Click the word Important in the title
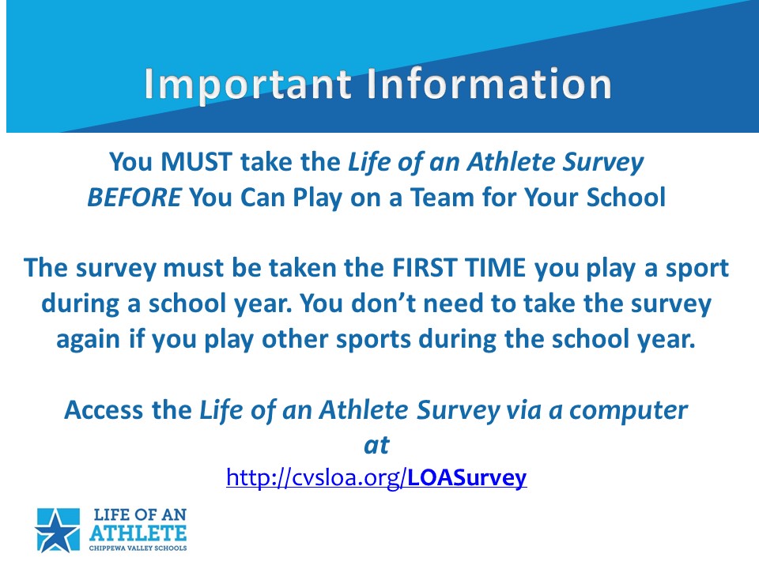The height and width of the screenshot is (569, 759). [x=247, y=85]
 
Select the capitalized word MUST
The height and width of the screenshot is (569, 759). [x=197, y=161]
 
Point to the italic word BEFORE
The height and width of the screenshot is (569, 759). [x=134, y=198]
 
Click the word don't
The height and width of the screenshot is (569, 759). [x=383, y=303]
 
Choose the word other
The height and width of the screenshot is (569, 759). [x=295, y=339]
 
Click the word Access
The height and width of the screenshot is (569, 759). [x=104, y=410]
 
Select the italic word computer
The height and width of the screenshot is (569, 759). [x=629, y=411]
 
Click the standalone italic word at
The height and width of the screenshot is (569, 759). [x=376, y=445]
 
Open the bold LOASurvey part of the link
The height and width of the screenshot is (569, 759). [x=467, y=478]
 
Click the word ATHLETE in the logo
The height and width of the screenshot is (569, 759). [x=138, y=533]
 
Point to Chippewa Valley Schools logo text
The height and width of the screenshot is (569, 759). [x=138, y=548]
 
